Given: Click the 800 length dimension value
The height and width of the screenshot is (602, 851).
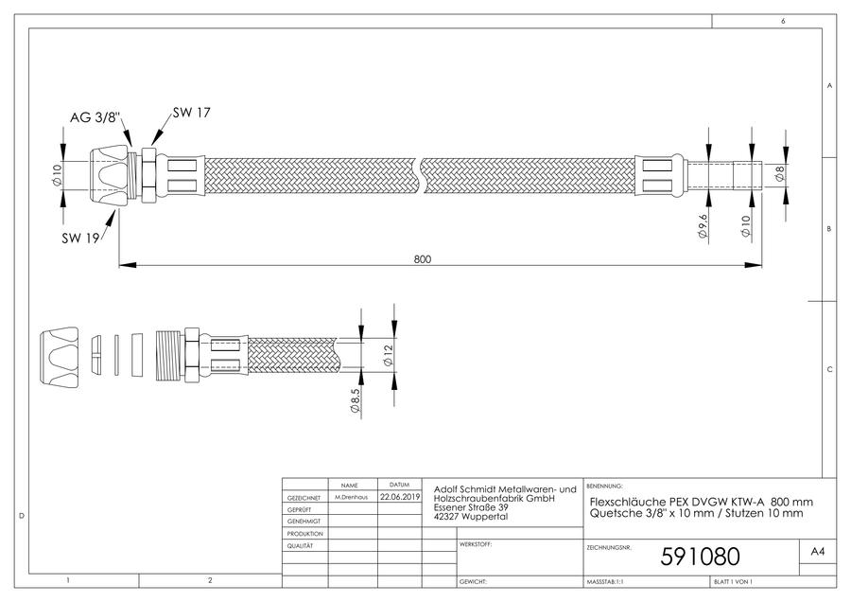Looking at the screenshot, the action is click(423, 259).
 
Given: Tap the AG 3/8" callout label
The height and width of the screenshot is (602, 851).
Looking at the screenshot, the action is click(95, 117).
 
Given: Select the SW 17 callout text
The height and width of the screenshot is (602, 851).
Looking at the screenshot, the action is click(191, 113).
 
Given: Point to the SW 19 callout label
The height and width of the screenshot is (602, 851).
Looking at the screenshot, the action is click(80, 238).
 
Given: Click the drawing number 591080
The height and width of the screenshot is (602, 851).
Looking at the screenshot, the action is click(700, 557).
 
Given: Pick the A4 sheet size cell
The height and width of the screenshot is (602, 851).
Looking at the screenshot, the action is click(817, 552).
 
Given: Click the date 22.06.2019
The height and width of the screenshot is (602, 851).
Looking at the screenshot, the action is click(400, 497).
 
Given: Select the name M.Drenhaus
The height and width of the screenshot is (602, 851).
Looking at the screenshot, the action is click(351, 497).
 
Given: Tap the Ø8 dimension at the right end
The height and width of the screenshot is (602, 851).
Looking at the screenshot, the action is click(780, 174).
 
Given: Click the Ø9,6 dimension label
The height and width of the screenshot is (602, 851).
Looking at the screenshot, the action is click(703, 226).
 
